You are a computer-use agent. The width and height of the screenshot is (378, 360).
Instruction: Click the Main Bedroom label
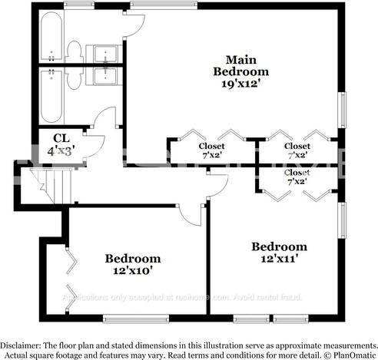point(240,65)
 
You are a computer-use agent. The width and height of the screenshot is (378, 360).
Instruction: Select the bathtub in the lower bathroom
point(51,97)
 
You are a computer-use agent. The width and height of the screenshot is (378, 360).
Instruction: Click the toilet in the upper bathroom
point(75,51)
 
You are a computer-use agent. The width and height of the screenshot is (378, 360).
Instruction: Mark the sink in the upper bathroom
point(103,53)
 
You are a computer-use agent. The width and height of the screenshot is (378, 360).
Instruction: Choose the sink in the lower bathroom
point(103,75)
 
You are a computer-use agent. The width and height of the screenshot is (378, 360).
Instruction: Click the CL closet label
point(61,138)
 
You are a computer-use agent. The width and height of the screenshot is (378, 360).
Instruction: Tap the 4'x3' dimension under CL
point(61,151)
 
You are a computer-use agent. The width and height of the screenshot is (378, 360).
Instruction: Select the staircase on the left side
point(55,185)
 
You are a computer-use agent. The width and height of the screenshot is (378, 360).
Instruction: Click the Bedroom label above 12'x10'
point(132,259)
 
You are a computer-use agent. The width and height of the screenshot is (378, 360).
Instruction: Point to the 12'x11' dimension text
point(279,259)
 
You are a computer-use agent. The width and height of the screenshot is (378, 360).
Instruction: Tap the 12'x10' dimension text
point(132,270)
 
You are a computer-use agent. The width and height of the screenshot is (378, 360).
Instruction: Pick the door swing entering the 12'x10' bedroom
point(191,213)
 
